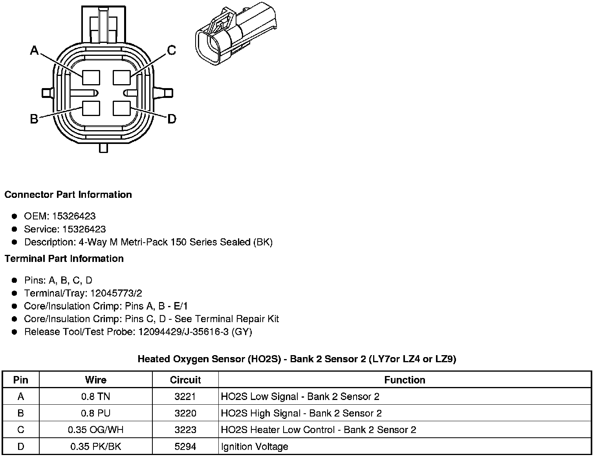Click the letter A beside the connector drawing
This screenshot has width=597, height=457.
pyautogui.click(x=35, y=50)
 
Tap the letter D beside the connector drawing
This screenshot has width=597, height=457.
pyautogui.click(x=172, y=119)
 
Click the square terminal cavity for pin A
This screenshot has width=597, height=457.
pyautogui.click(x=91, y=77)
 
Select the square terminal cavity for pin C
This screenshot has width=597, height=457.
pyautogui.click(x=121, y=77)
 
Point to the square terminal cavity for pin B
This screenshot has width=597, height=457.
pyautogui.click(x=91, y=108)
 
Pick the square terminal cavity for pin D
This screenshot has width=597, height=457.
pyautogui.click(x=121, y=108)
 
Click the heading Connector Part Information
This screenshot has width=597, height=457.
pyautogui.click(x=68, y=195)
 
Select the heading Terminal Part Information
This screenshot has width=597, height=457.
pyautogui.click(x=64, y=258)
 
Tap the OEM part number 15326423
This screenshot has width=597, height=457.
pyautogui.click(x=74, y=216)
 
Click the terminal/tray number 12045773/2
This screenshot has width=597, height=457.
pyautogui.click(x=116, y=293)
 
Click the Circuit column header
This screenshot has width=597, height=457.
pyautogui.click(x=185, y=380)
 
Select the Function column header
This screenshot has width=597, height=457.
pyautogui.click(x=405, y=380)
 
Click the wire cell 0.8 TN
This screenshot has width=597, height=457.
pyautogui.click(x=95, y=396)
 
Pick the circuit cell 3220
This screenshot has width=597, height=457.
pyautogui.click(x=185, y=413)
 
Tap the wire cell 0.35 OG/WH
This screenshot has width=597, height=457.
pyautogui.click(x=95, y=429)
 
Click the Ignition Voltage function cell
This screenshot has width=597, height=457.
pyautogui.click(x=255, y=446)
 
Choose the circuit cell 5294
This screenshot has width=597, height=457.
pyautogui.click(x=185, y=446)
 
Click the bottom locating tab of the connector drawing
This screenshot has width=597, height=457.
pyautogui.click(x=103, y=148)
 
